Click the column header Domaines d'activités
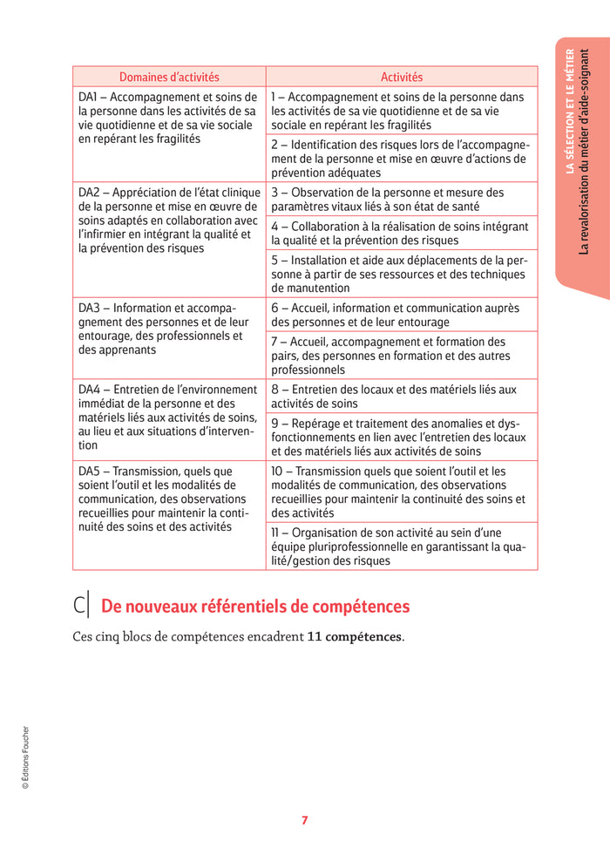pyautogui.click(x=169, y=77)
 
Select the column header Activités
pyautogui.click(x=401, y=77)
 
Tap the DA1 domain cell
pyautogui.click(x=168, y=118)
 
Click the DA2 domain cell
pyautogui.click(x=168, y=220)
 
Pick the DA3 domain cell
pyautogui.click(x=168, y=329)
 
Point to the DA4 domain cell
pyautogui.click(x=168, y=417)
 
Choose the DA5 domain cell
pyautogui.click(x=168, y=499)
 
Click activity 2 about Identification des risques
pyautogui.click(x=400, y=159)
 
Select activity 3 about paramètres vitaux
pyautogui.click(x=400, y=200)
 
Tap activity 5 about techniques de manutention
pyautogui.click(x=400, y=274)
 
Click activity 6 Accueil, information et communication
pyautogui.click(x=400, y=315)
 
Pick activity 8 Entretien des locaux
pyautogui.click(x=400, y=397)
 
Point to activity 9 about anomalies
pyautogui.click(x=400, y=438)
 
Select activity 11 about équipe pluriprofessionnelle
pyautogui.click(x=400, y=546)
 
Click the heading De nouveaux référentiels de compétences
pyautogui.click(x=255, y=607)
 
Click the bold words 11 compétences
pyautogui.click(x=355, y=637)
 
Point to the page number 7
pyautogui.click(x=304, y=820)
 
